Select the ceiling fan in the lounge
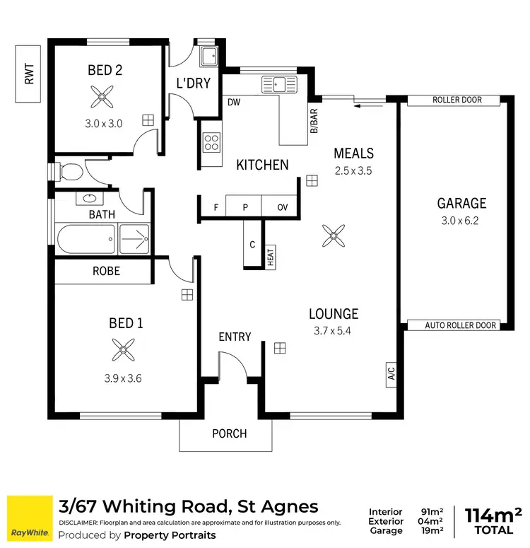(332, 235)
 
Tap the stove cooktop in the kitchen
(211, 142)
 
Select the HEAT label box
(270, 257)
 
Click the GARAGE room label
(461, 204)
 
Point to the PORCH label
(230, 433)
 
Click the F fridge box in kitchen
(216, 207)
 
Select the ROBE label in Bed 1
(106, 271)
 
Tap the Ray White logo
(29, 518)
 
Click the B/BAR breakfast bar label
(314, 121)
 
